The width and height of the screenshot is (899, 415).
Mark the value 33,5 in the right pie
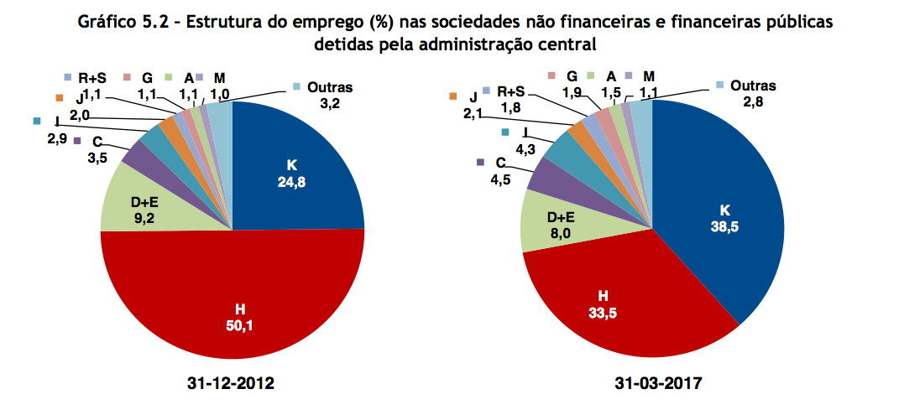click(x=603, y=312)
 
